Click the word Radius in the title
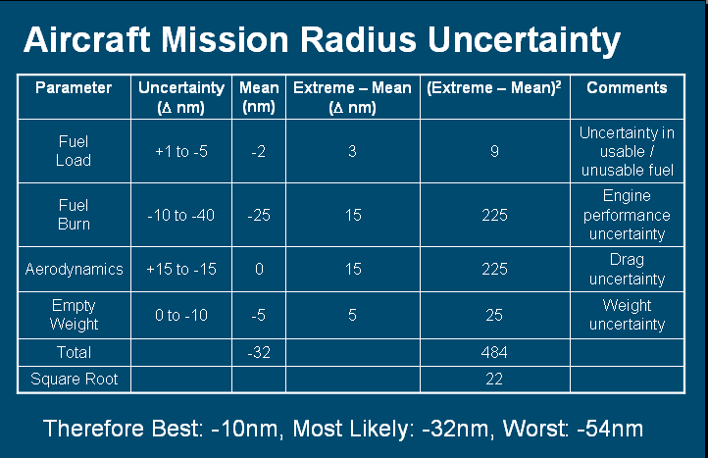tap(358, 39)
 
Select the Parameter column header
tap(74, 87)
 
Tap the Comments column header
tap(627, 87)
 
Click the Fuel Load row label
tap(74, 151)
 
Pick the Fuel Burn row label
tap(74, 215)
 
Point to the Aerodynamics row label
tap(75, 269)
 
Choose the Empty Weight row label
tap(74, 315)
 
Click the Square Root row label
tap(75, 379)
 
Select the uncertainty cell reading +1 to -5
tap(181, 151)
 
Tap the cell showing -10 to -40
tap(181, 215)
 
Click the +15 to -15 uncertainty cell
tap(181, 269)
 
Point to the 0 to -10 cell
tap(181, 315)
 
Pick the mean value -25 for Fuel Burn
tap(259, 215)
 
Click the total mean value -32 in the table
tap(259, 352)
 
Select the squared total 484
tap(494, 352)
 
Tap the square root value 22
tap(494, 379)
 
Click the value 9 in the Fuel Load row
tap(494, 151)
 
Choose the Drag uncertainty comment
tap(627, 269)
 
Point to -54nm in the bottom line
tap(610, 429)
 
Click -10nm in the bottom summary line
tap(244, 429)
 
